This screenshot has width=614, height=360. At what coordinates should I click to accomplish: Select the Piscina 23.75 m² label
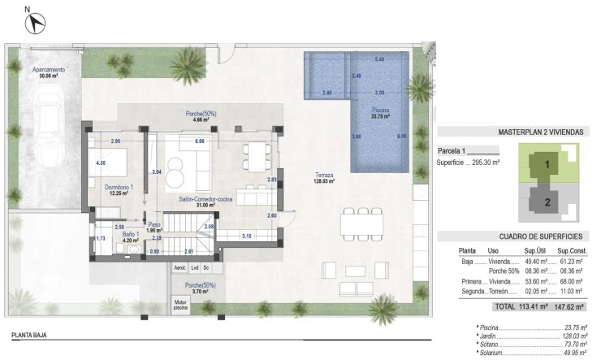click(x=381, y=112)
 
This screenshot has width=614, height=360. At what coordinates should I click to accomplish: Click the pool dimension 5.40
click(x=379, y=59)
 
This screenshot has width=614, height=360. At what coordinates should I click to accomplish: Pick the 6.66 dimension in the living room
click(x=199, y=141)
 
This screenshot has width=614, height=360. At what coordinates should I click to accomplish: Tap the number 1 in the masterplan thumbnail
click(x=547, y=164)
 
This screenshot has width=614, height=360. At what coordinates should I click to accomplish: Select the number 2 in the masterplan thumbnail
click(x=547, y=202)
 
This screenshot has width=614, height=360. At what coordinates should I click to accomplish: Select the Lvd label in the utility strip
click(x=195, y=267)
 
